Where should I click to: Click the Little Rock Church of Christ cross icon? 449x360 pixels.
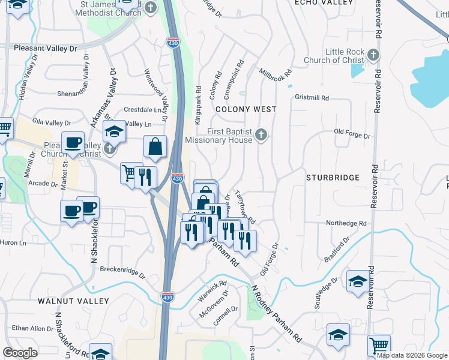click(x=373, y=55)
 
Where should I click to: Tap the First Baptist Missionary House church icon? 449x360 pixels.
click(x=261, y=135)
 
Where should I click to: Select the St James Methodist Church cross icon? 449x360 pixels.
click(x=150, y=8)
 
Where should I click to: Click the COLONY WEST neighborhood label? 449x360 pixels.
click(x=246, y=109)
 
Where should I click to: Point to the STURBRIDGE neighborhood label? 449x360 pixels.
click(x=333, y=178)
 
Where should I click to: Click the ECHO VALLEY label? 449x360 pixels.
click(x=324, y=3)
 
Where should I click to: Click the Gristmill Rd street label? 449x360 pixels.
click(x=312, y=97)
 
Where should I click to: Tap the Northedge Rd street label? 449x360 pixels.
click(x=346, y=223)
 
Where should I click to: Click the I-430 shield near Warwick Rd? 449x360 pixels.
click(x=167, y=296)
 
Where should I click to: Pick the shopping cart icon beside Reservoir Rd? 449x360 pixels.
click(x=379, y=345)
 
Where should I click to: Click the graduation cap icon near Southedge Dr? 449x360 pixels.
click(x=358, y=280)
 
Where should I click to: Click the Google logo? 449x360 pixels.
click(x=20, y=353)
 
